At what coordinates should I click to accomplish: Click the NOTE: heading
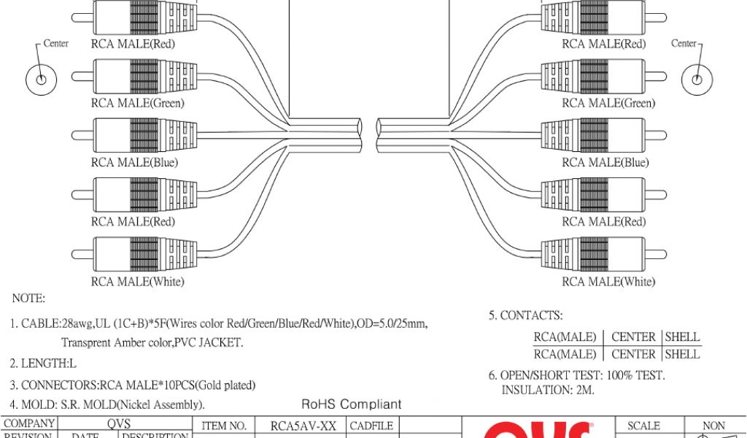tap(28, 299)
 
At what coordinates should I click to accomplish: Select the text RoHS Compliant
tap(352, 404)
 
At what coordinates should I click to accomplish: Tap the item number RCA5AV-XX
tap(302, 426)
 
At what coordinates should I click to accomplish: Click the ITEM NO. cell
tap(223, 426)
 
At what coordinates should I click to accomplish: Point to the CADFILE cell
tap(372, 426)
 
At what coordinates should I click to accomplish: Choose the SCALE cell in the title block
tap(643, 426)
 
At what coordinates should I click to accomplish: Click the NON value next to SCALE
tap(713, 426)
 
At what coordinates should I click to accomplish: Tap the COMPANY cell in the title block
tap(29, 423)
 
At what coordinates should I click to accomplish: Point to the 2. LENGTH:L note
tap(43, 363)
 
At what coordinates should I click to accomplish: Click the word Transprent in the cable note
tap(87, 342)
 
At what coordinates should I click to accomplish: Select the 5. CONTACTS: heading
tap(525, 316)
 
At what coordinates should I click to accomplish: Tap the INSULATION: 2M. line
tap(548, 391)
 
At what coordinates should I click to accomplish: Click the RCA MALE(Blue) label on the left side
tap(134, 163)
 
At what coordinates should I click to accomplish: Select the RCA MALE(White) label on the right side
tap(608, 282)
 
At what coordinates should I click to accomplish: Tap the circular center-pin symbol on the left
tap(42, 79)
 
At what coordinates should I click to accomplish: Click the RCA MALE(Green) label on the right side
tap(608, 104)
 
